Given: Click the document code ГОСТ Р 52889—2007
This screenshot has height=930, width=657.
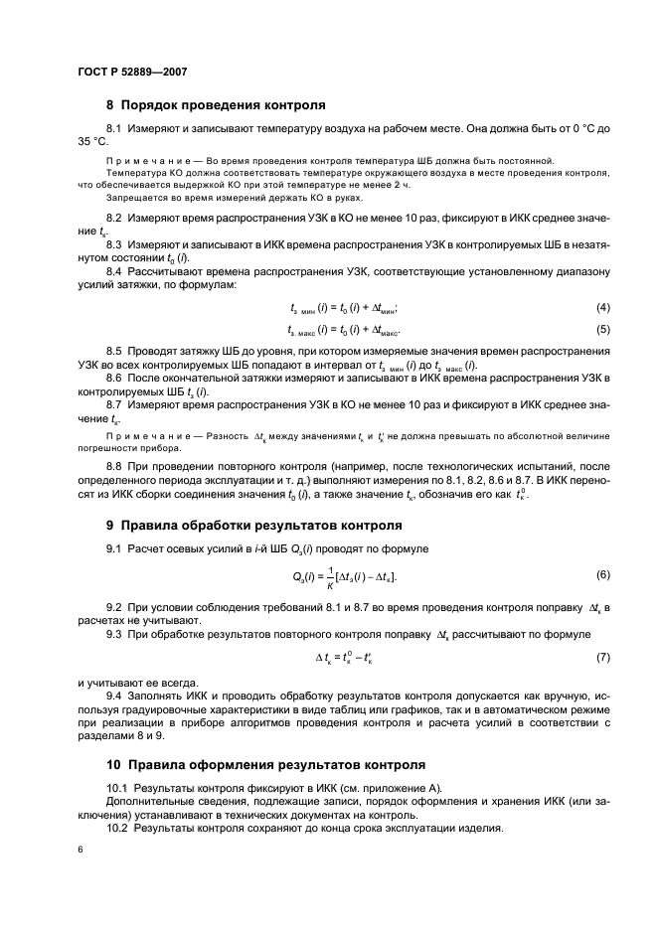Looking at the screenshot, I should click(132, 72).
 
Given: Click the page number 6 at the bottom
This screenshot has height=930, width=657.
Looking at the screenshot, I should click(80, 852).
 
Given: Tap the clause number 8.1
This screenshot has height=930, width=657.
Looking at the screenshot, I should click(116, 129).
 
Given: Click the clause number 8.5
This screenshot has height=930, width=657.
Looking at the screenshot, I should click(116, 353).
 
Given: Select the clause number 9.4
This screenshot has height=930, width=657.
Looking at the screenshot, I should click(116, 696).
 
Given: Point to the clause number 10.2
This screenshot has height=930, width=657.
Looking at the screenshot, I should click(118, 828).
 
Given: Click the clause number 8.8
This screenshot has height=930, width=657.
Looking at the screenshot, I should click(116, 466).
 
